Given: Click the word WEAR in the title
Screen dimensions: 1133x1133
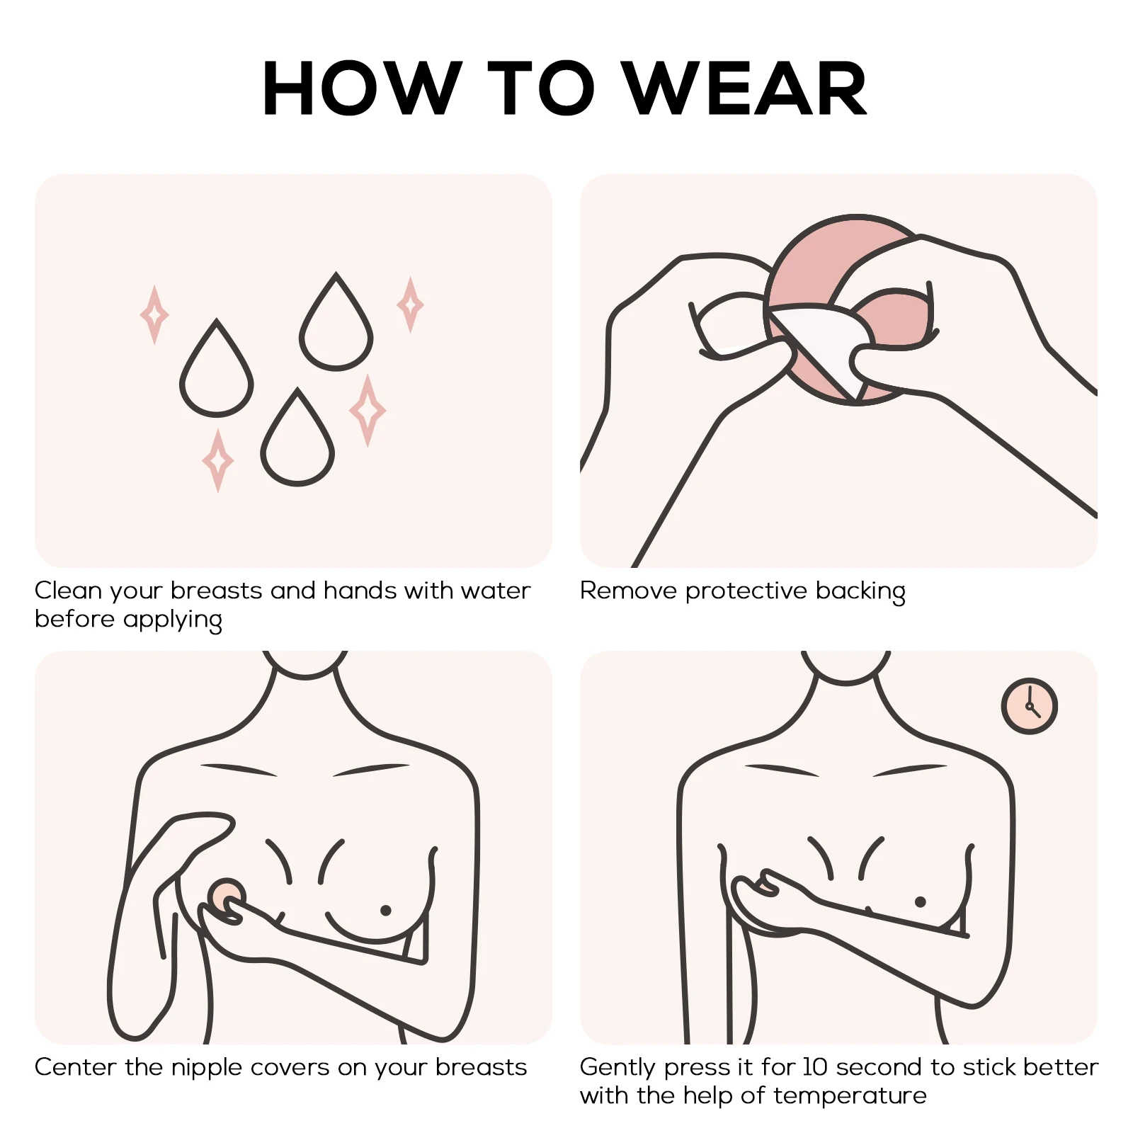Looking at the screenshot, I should (x=747, y=89).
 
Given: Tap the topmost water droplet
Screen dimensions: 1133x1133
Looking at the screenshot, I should (x=336, y=329).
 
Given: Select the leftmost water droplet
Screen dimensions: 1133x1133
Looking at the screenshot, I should (x=217, y=375).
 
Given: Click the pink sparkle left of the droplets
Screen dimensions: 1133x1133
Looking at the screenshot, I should (x=154, y=315).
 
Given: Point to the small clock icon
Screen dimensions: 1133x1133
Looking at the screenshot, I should (x=1029, y=706).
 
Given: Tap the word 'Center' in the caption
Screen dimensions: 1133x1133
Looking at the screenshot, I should (x=75, y=1067).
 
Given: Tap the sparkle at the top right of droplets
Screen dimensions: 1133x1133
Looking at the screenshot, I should (x=410, y=304).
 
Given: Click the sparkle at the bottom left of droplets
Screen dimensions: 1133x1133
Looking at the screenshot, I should (x=218, y=460).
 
